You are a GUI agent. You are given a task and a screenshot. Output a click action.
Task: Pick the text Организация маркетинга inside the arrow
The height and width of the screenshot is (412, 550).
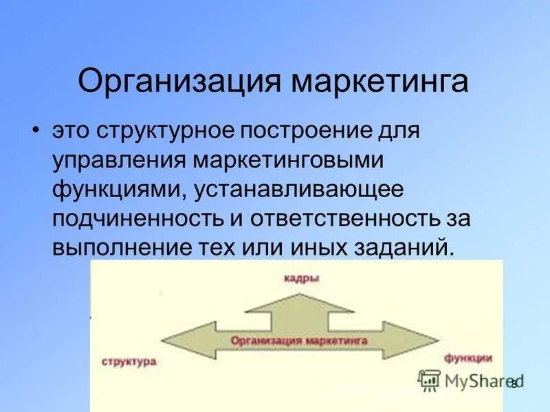coord(299,340)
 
